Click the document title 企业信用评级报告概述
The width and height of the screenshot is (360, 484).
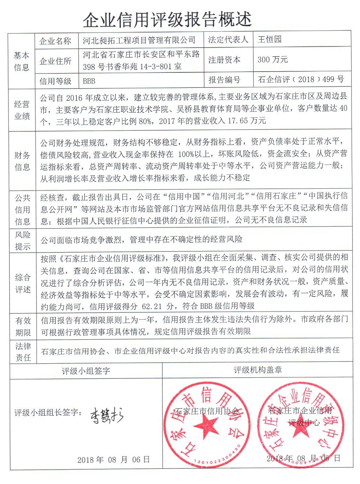point(167,19)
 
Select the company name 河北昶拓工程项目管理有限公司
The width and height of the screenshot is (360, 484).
point(139,40)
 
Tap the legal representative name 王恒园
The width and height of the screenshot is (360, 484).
point(270,40)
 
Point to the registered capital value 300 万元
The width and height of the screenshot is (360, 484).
point(272,60)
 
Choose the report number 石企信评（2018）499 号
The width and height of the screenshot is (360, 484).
point(301,79)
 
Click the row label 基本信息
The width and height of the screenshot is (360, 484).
point(21,61)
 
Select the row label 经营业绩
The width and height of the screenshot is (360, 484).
point(22,110)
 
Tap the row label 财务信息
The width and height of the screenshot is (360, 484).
point(22,161)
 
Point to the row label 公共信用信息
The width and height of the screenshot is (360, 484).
point(22,209)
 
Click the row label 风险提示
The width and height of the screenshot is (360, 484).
point(22,241)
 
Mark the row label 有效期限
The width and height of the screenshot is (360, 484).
point(23,326)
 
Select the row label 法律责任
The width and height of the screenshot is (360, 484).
point(23,352)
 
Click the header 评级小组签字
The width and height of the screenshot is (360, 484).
point(86,371)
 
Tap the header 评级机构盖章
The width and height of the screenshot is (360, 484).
point(257,370)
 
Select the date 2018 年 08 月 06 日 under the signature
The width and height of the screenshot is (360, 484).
point(113,460)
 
